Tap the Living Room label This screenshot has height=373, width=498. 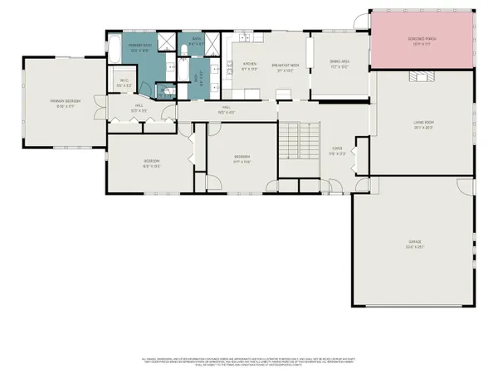424,124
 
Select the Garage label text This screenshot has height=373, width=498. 415,245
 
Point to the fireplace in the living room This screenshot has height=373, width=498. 422,76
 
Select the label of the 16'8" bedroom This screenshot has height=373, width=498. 152,162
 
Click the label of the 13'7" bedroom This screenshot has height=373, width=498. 242,158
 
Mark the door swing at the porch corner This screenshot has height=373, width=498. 360,20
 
